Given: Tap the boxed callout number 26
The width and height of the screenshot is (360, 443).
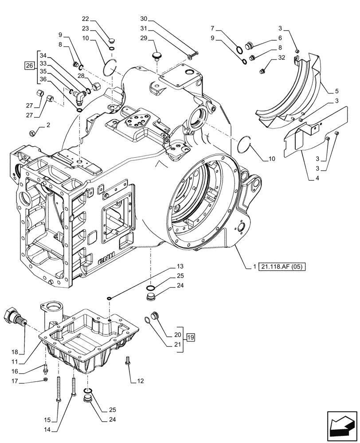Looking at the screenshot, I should click(29, 66).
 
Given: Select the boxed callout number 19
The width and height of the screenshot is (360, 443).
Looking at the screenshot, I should click(191, 338).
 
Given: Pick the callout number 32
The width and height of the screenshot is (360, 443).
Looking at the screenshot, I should click(282, 58).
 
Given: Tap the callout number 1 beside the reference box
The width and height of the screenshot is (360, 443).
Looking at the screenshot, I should click(254, 267).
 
